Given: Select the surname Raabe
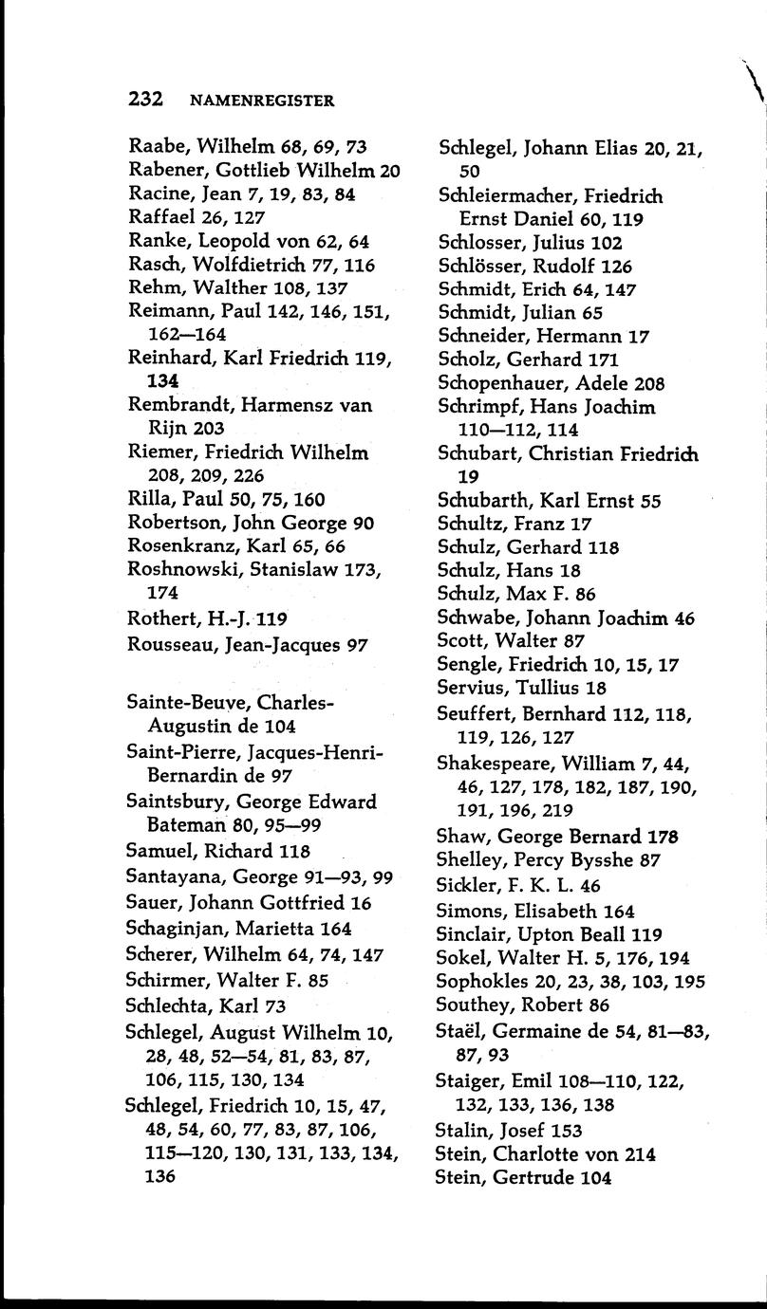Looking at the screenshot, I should pos(158,147).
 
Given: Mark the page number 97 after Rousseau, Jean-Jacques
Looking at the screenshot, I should pos(356,645).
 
